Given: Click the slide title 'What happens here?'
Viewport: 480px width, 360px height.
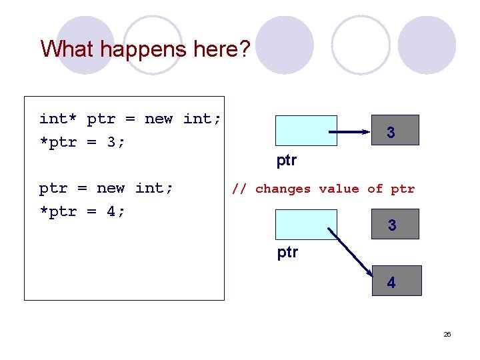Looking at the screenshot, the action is click(x=145, y=49).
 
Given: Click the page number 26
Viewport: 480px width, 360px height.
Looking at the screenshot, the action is click(x=447, y=334).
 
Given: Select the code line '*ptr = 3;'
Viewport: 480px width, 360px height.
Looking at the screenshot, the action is click(x=82, y=142).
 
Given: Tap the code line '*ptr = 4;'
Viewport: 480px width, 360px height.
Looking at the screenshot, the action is click(x=82, y=211).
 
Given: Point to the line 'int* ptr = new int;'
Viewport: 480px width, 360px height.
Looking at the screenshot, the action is click(x=130, y=119).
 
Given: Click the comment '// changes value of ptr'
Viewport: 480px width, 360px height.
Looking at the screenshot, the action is click(x=323, y=189).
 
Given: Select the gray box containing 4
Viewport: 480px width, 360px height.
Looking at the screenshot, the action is click(x=397, y=281).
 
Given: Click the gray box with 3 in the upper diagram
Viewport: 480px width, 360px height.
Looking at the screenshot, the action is click(x=395, y=131).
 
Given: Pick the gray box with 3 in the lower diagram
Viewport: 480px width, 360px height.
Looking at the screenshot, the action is click(x=395, y=225).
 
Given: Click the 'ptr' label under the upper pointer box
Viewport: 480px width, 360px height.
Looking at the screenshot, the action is click(x=287, y=161).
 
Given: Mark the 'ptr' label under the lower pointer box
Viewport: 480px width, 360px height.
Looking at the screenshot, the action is click(x=287, y=253).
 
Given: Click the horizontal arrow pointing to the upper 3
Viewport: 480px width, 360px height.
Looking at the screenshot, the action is click(x=353, y=133).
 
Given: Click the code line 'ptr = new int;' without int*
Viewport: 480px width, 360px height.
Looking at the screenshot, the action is click(x=106, y=188).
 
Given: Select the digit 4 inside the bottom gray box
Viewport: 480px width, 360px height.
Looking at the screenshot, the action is click(x=391, y=283).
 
